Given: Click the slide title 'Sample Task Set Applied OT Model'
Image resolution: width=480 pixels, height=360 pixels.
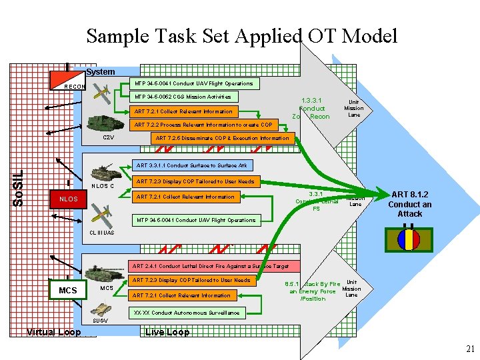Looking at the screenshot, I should pos(241,35).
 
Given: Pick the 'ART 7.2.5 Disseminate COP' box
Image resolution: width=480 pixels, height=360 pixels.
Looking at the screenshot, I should pos(222,138).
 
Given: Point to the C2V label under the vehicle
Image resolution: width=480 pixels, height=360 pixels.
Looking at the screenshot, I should pos(108,137).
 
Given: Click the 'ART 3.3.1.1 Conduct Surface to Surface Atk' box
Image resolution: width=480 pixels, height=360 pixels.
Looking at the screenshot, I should pos(191,165).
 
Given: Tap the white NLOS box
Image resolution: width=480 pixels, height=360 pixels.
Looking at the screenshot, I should pos(69,199).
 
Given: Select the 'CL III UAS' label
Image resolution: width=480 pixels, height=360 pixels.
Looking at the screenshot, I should pos(101,233).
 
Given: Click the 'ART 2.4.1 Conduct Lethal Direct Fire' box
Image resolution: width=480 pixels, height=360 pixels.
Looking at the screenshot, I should pos(210,266).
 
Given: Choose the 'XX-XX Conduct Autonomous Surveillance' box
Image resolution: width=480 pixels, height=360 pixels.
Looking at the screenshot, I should pos(186,312).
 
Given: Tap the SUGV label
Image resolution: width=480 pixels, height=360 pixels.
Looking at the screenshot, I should pos(101,321).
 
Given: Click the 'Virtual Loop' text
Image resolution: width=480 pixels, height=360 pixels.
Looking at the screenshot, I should pos(53,332).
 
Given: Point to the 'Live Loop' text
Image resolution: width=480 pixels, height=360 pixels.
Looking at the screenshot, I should pos(167,332).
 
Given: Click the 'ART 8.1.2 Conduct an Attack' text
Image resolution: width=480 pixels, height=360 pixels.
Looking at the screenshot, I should pos(410,204).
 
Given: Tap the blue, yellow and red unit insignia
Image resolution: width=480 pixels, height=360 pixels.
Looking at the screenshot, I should pos(407,239).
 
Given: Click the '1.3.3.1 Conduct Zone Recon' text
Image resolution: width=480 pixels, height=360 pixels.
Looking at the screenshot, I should pos(311,107).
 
